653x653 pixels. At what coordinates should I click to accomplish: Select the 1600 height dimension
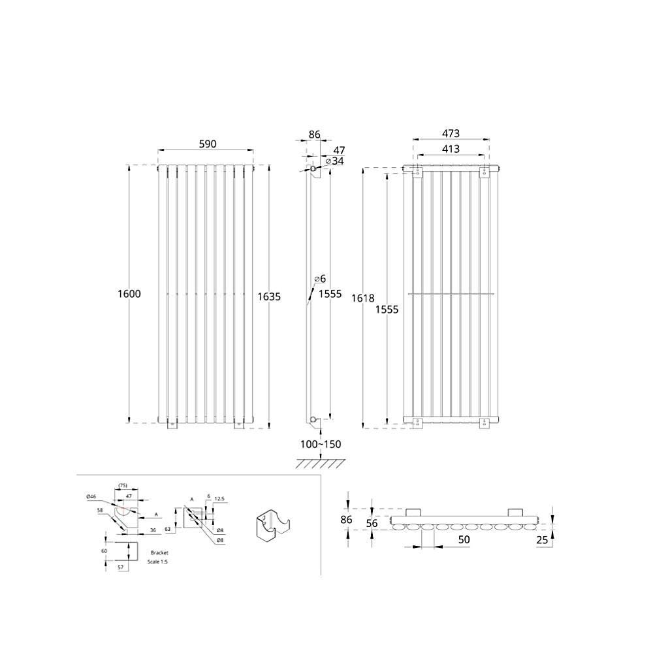[129, 294]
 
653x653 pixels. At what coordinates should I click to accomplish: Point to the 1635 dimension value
[269, 296]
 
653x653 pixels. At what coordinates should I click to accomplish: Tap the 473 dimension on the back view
[450, 133]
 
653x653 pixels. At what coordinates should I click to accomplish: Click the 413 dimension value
[450, 149]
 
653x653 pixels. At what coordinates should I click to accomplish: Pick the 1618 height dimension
[362, 298]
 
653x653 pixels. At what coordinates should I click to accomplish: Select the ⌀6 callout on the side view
[320, 279]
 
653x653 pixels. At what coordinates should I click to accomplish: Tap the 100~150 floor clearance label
[321, 444]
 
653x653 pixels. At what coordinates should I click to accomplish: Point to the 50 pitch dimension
[464, 539]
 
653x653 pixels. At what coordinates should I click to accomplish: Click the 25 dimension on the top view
[542, 539]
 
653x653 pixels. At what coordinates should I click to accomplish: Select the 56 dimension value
[372, 523]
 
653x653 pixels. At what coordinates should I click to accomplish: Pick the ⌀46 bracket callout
[91, 497]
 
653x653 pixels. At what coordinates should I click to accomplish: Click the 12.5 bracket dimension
[219, 499]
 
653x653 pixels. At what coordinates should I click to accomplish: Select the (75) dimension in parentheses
[122, 485]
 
